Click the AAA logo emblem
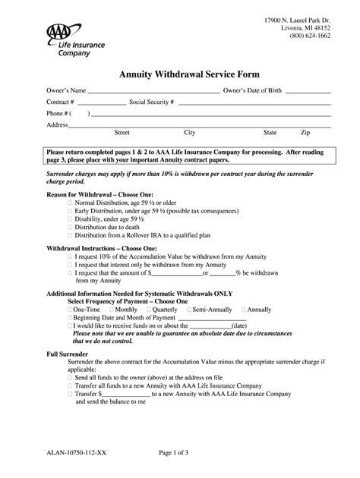61,33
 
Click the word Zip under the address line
305,132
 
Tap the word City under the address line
189,132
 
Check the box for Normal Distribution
70,203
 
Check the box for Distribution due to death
70,226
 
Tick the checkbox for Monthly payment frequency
112,310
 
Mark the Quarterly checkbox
148,310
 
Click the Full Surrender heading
67,354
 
